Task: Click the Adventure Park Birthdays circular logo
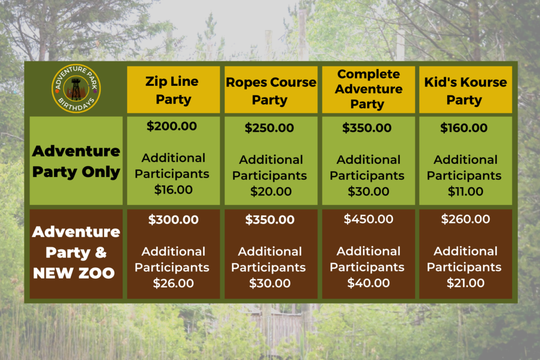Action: pos(76,89)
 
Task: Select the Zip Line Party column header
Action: pos(173,90)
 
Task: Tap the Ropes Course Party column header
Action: pos(271,91)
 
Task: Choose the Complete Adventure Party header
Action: pos(369,89)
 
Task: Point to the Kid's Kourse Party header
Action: pos(466,91)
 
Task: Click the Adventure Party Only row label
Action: pos(76,161)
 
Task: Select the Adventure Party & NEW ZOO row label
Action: pos(76,252)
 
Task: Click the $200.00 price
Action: pos(171,126)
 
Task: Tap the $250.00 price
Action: pos(269,128)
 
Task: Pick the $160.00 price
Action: pos(464,128)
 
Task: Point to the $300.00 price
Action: pos(173,220)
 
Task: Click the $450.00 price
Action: pos(369,219)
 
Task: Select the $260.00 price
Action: pos(466,219)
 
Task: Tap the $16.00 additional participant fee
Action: pos(173,190)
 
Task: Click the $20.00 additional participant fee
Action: pos(271,191)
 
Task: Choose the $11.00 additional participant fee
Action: pos(466,191)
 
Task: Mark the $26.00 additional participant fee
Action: pos(173,283)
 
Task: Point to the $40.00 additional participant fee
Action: pos(369,283)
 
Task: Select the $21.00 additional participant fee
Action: pos(466,283)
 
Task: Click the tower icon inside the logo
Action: pos(76,89)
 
